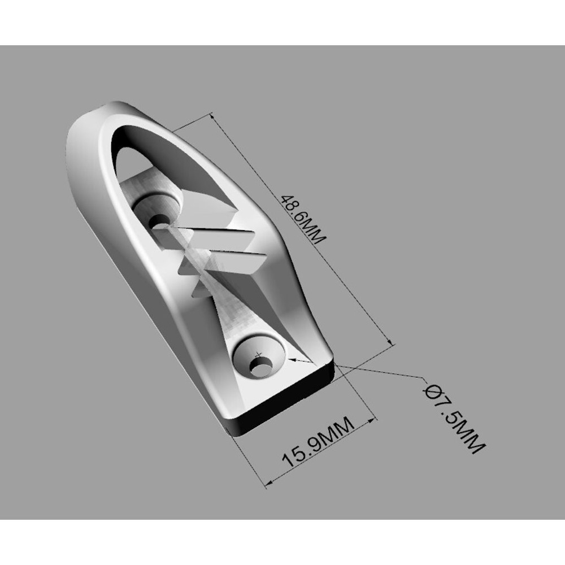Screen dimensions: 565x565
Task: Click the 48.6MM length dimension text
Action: click(x=303, y=220)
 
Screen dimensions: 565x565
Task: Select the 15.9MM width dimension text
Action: click(x=318, y=442)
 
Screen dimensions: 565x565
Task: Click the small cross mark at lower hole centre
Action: click(x=258, y=355)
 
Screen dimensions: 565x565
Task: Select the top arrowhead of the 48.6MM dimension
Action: click(x=212, y=116)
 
